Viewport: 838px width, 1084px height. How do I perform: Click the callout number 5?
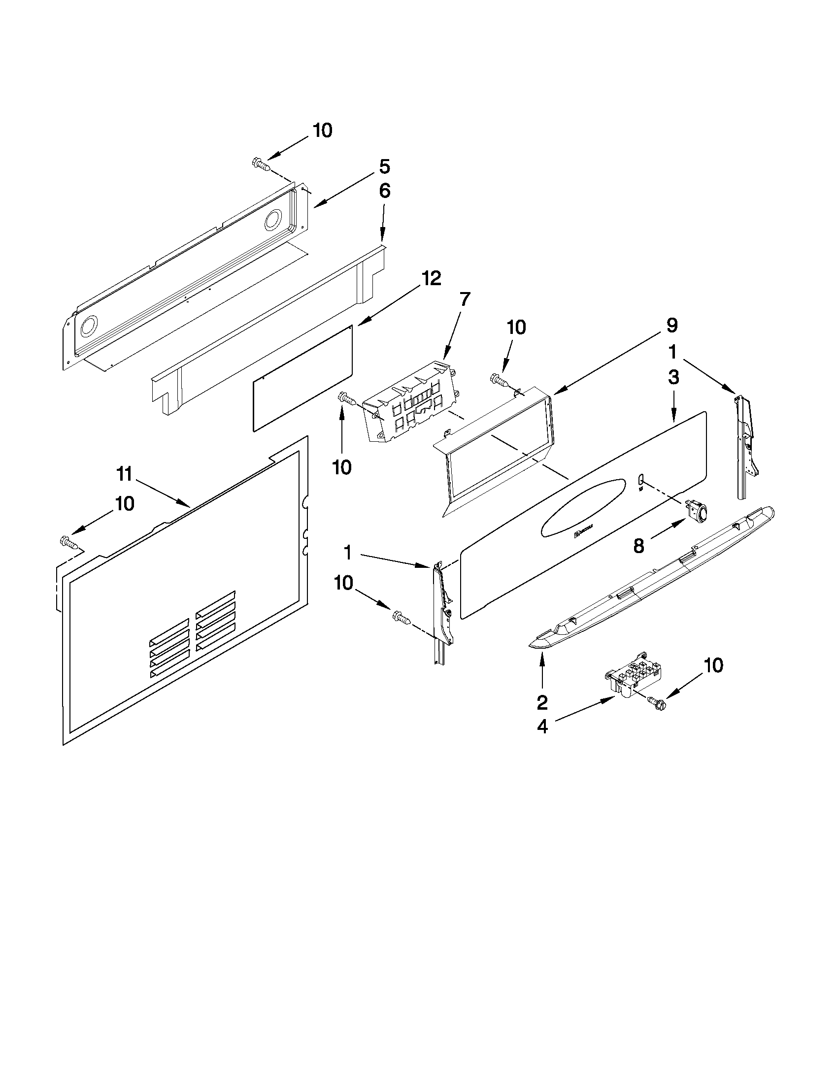[x=384, y=167]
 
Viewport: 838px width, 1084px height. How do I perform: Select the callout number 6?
[x=384, y=192]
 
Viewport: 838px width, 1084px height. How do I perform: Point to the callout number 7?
[x=465, y=299]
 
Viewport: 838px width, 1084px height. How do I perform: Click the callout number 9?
[x=671, y=326]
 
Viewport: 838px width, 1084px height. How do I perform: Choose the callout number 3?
[x=673, y=378]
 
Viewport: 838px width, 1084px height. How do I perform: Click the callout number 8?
[x=638, y=547]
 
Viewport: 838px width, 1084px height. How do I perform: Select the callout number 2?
[x=541, y=702]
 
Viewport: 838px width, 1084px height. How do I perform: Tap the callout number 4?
[x=542, y=727]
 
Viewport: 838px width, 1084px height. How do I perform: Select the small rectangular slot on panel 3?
[x=640, y=479]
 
